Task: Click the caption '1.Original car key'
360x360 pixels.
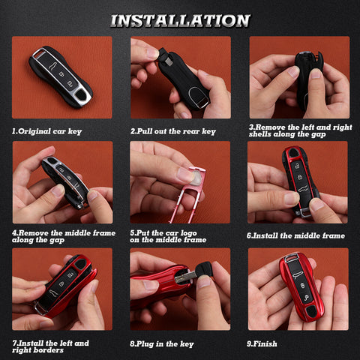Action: pyautogui.click(x=46, y=131)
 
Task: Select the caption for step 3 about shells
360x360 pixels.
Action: pyautogui.click(x=300, y=130)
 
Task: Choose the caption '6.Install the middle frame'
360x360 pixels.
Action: pyautogui.click(x=295, y=236)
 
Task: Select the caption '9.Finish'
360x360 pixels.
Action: pyautogui.click(x=265, y=343)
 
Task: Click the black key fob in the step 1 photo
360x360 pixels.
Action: pyautogui.click(x=61, y=76)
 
